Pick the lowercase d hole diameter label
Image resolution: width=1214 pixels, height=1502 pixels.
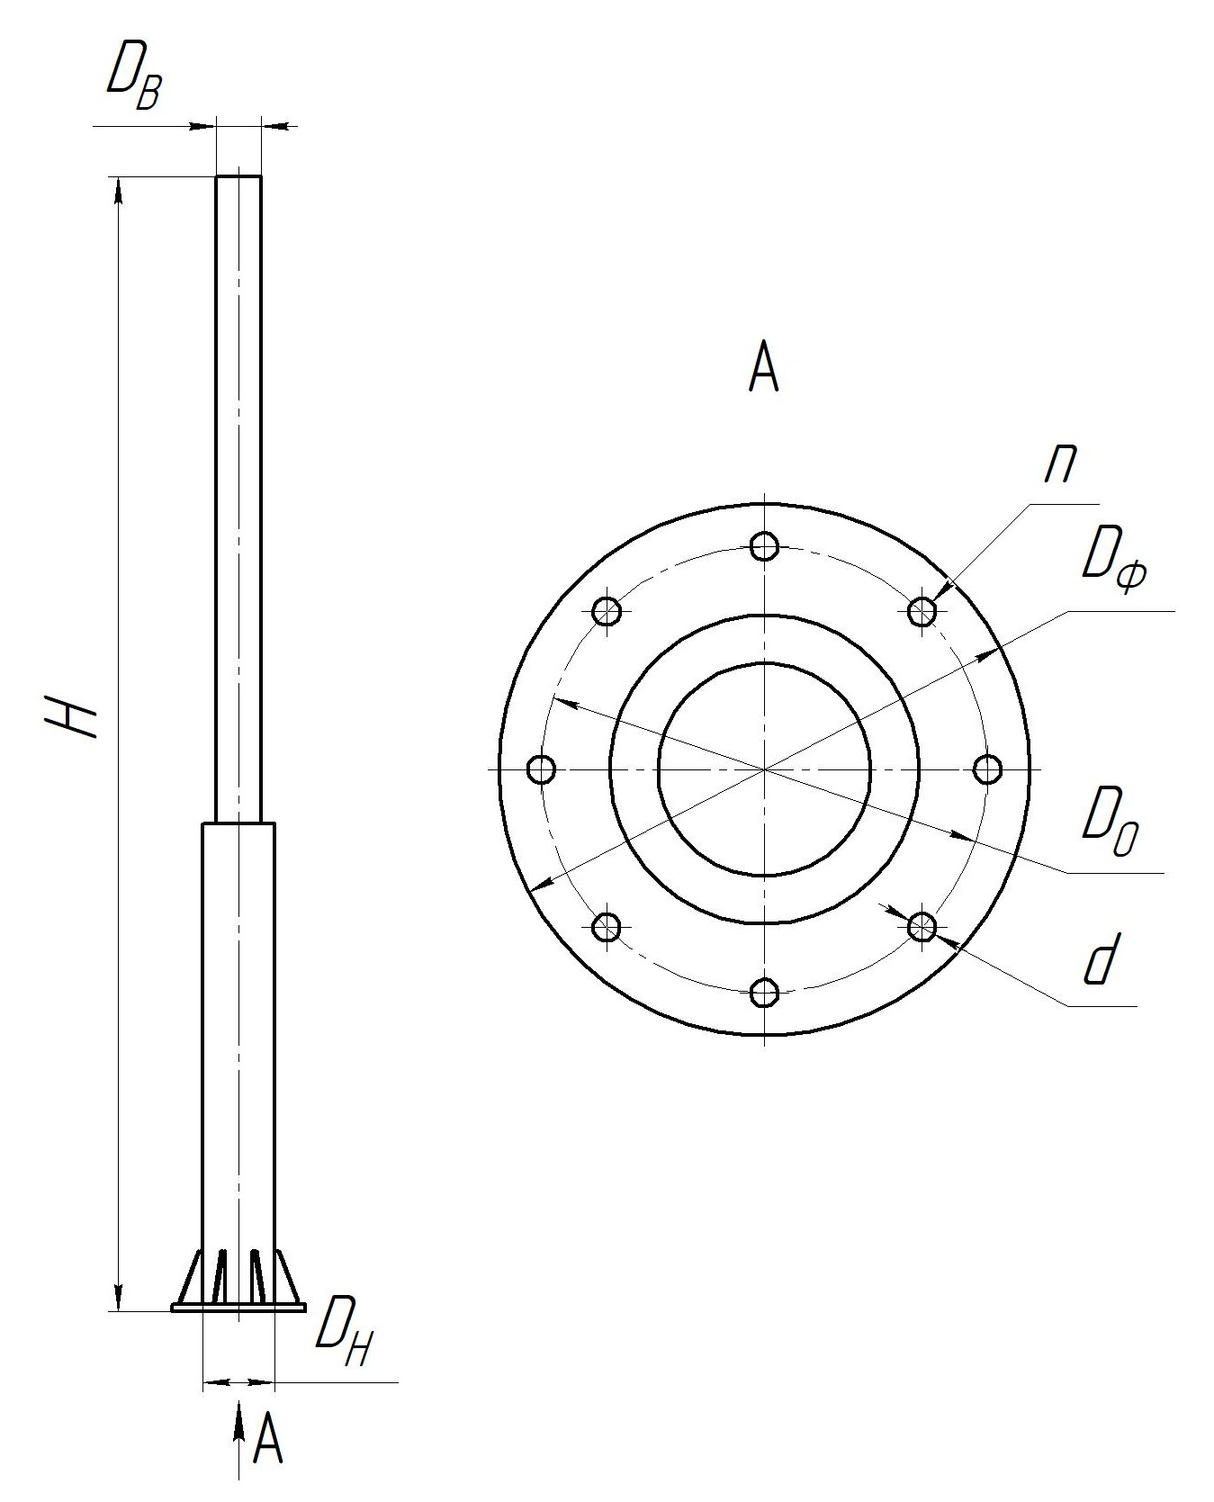coord(1101,960)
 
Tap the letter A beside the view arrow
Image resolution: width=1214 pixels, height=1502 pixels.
coord(268,1438)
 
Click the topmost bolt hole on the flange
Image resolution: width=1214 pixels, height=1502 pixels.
coord(764,545)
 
